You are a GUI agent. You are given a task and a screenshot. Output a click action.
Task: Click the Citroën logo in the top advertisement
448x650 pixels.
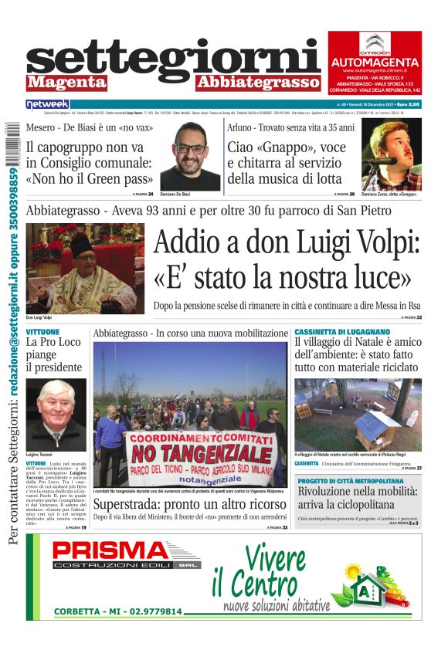[375, 43]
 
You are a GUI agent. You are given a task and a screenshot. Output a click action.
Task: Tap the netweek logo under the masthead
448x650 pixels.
[47, 103]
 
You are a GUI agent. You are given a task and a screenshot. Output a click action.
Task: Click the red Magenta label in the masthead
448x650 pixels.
[66, 82]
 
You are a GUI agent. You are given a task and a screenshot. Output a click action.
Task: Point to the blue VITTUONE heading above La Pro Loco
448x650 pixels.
[42, 331]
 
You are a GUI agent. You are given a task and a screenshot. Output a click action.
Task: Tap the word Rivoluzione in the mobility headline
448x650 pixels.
[330, 491]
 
